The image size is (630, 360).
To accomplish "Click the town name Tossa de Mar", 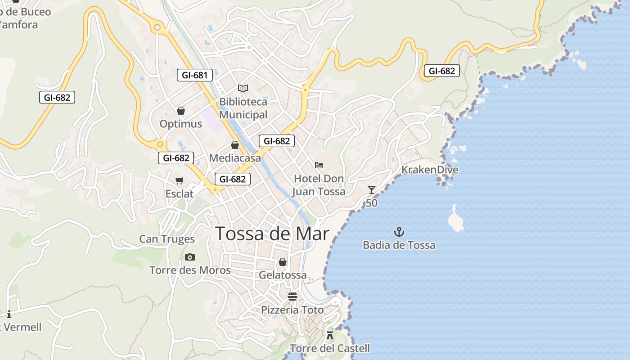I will tap(272, 234).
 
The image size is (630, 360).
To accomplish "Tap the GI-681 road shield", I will tap(195, 75).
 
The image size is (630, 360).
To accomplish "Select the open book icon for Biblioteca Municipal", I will tap(243, 88).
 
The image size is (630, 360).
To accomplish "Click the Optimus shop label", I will tap(181, 124).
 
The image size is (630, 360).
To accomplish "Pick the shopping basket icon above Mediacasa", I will tap(234, 145).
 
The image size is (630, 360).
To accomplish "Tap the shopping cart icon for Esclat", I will tap(180, 180).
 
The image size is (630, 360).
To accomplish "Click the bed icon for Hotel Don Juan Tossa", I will tap(319, 165).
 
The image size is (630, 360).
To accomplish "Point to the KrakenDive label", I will tap(430, 170).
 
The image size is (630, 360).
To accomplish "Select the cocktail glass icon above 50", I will tap(371, 190).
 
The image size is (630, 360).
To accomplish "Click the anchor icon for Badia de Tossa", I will tap(399, 232).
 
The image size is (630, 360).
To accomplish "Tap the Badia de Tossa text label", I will tap(399, 245).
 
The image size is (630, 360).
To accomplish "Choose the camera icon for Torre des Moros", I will tap(190, 257).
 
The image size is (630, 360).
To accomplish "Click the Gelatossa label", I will tap(283, 275).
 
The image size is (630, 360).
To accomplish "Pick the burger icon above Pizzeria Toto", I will tap(292, 297).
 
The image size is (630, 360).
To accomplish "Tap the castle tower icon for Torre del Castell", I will tap(330, 335).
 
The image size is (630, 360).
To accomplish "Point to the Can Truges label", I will tap(167, 239).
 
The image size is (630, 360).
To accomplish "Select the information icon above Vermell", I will tap(9, 314).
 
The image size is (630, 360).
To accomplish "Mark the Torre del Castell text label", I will tap(330, 348).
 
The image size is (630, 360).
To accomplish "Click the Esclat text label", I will tap(180, 194).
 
